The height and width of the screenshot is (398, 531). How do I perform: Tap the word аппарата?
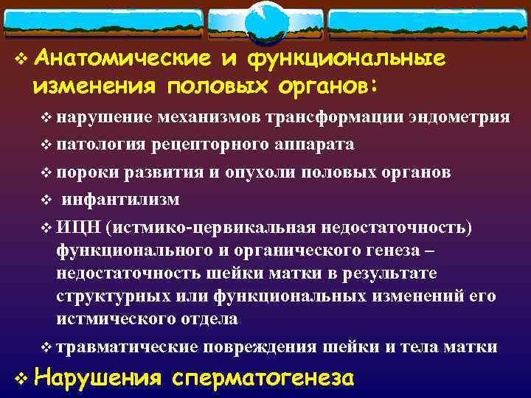click(x=314, y=144)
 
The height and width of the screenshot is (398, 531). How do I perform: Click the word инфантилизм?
click(x=120, y=199)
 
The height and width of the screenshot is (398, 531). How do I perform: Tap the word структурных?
click(x=119, y=296)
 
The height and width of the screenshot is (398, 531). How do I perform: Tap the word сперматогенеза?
click(x=264, y=378)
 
